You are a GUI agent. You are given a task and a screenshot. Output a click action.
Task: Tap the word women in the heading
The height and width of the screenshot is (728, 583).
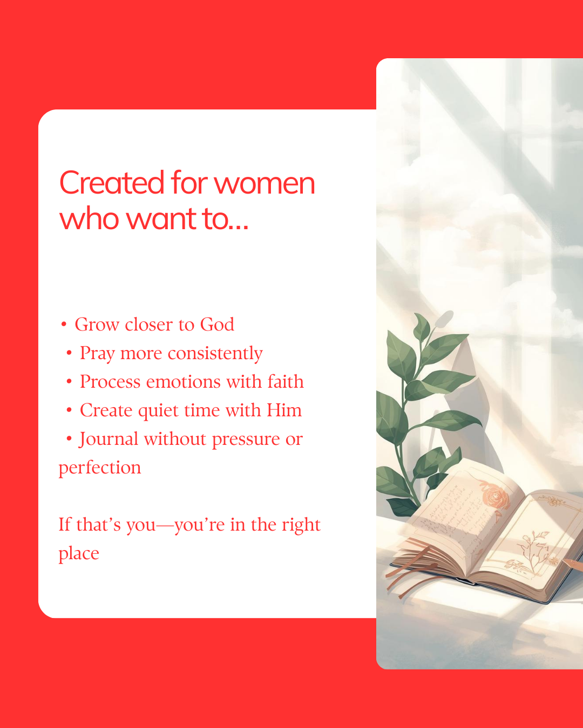pos(264,184)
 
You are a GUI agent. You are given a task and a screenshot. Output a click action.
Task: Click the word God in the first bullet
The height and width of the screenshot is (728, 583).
pos(217,325)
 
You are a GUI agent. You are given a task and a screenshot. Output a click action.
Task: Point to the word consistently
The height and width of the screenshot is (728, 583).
pos(215,354)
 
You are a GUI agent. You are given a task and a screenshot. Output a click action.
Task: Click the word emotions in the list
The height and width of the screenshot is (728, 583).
pos(184,382)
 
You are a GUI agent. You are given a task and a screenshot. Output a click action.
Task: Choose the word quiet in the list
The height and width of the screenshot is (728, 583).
pos(158,411)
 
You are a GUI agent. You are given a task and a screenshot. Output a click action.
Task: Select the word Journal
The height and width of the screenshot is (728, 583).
pos(109,439)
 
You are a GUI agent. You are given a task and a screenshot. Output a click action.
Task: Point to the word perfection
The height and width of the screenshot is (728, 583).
pos(99,469)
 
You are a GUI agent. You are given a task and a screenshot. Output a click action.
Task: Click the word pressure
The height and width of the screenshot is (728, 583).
pos(246,440)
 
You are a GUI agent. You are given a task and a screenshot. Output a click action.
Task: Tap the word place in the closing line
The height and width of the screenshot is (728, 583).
pos(79,554)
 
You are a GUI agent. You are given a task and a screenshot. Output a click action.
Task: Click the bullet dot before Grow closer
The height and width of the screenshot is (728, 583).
pos(63,325)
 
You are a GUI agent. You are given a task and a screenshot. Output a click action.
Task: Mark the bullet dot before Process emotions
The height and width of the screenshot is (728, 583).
pos(69,382)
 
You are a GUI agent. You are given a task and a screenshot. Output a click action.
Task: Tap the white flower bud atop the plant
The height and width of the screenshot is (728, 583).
pos(444,318)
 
